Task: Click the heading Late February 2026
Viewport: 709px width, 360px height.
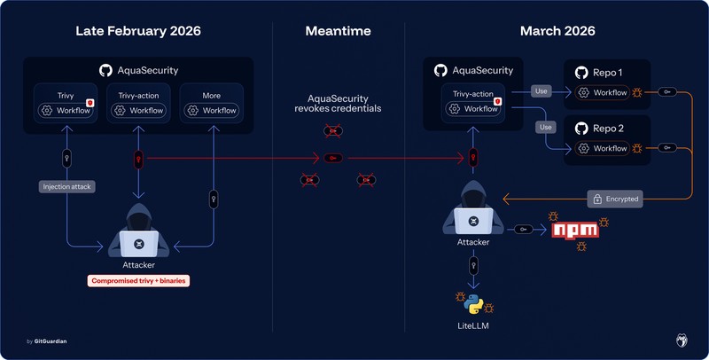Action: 137,31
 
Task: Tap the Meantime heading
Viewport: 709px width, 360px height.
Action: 338,31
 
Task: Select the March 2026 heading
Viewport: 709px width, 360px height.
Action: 557,31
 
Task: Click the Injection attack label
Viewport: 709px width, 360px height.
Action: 66,186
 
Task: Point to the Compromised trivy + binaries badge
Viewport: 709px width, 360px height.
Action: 139,281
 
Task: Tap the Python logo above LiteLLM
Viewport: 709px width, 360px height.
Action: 474,303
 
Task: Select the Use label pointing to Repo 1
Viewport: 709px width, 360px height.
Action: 542,90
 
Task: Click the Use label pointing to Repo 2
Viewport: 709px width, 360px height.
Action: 546,127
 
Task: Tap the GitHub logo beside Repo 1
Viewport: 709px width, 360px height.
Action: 582,72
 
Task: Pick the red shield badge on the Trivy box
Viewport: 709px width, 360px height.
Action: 90,104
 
